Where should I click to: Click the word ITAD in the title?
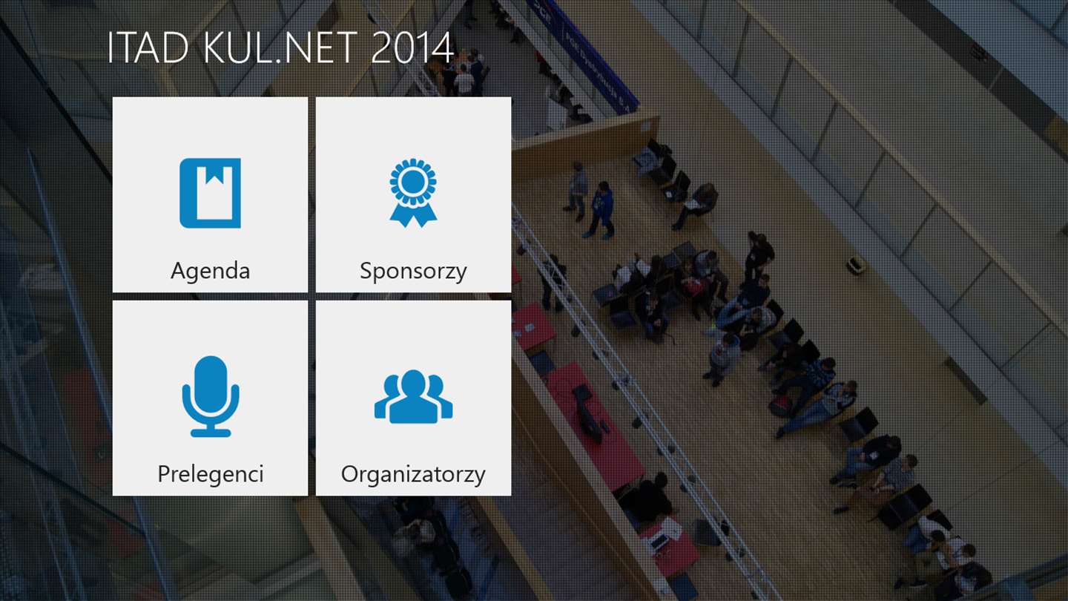[x=148, y=47]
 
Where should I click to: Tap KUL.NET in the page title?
[x=280, y=47]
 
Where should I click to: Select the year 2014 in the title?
[x=412, y=47]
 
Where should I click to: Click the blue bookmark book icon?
[x=211, y=193]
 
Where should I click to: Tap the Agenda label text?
[x=211, y=272]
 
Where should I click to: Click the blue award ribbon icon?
[x=413, y=193]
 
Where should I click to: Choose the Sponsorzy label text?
[x=413, y=272]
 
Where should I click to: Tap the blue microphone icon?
[x=211, y=396]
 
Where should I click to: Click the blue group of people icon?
[x=413, y=397]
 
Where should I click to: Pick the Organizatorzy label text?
[x=413, y=475]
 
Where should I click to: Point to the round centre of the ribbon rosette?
[x=413, y=181]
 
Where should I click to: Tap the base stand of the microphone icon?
[x=211, y=433]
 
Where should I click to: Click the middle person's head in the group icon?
[x=413, y=383]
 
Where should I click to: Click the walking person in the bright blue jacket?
[x=600, y=209]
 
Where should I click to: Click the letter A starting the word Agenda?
[x=178, y=270]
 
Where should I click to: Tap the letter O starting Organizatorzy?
[x=350, y=474]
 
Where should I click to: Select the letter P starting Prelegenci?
[x=164, y=474]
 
